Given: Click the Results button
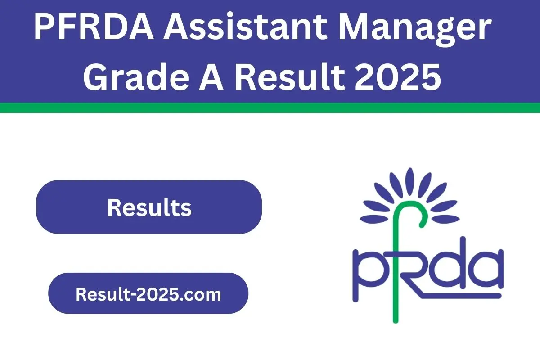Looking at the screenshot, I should (x=149, y=207).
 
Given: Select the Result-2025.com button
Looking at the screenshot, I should (x=148, y=293).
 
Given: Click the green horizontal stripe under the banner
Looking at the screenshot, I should (x=270, y=108).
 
